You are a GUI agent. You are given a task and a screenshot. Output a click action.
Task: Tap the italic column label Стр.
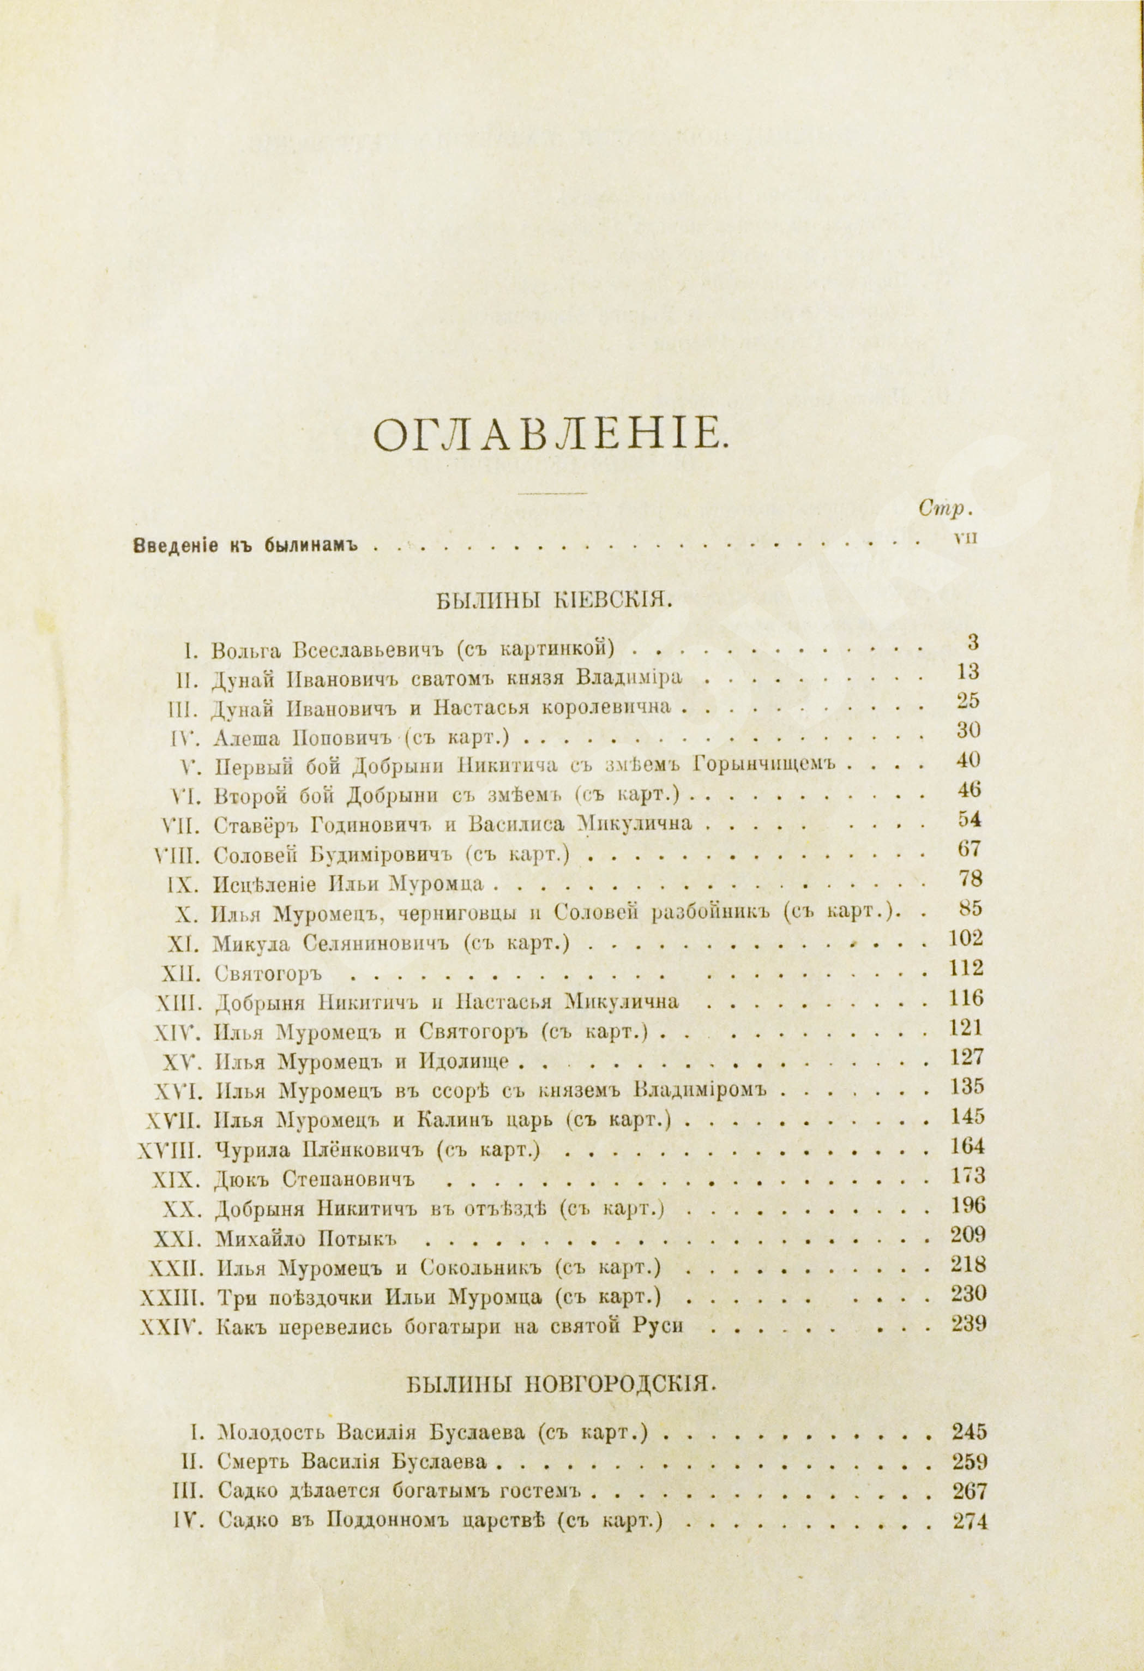[945, 508]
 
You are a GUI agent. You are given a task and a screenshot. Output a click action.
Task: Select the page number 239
[968, 1324]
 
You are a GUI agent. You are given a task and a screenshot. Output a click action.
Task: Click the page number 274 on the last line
[968, 1516]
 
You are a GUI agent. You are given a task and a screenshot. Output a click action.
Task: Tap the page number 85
[971, 908]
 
